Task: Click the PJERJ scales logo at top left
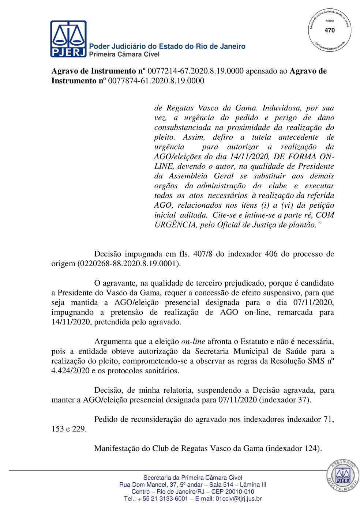pos(68,39)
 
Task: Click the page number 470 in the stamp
pos(330,30)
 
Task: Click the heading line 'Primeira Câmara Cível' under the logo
pos(124,54)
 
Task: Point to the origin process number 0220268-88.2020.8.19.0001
pos(128,264)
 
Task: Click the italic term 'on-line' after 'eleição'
pos(193,342)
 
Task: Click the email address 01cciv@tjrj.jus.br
pos(239,498)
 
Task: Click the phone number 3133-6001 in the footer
pos(173,498)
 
